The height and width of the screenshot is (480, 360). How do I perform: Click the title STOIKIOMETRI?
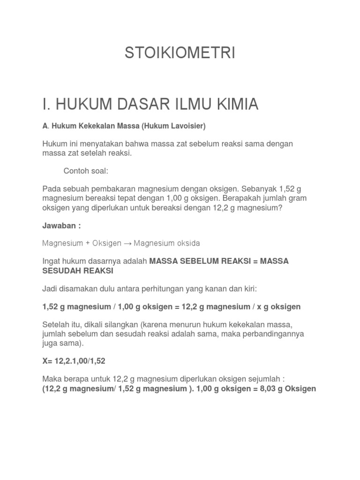click(180, 53)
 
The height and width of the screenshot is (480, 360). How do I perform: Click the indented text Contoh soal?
click(86, 171)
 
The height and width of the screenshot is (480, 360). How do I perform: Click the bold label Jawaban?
click(60, 225)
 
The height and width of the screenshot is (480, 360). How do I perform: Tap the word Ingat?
click(52, 261)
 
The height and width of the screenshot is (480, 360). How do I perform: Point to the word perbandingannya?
click(272, 334)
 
